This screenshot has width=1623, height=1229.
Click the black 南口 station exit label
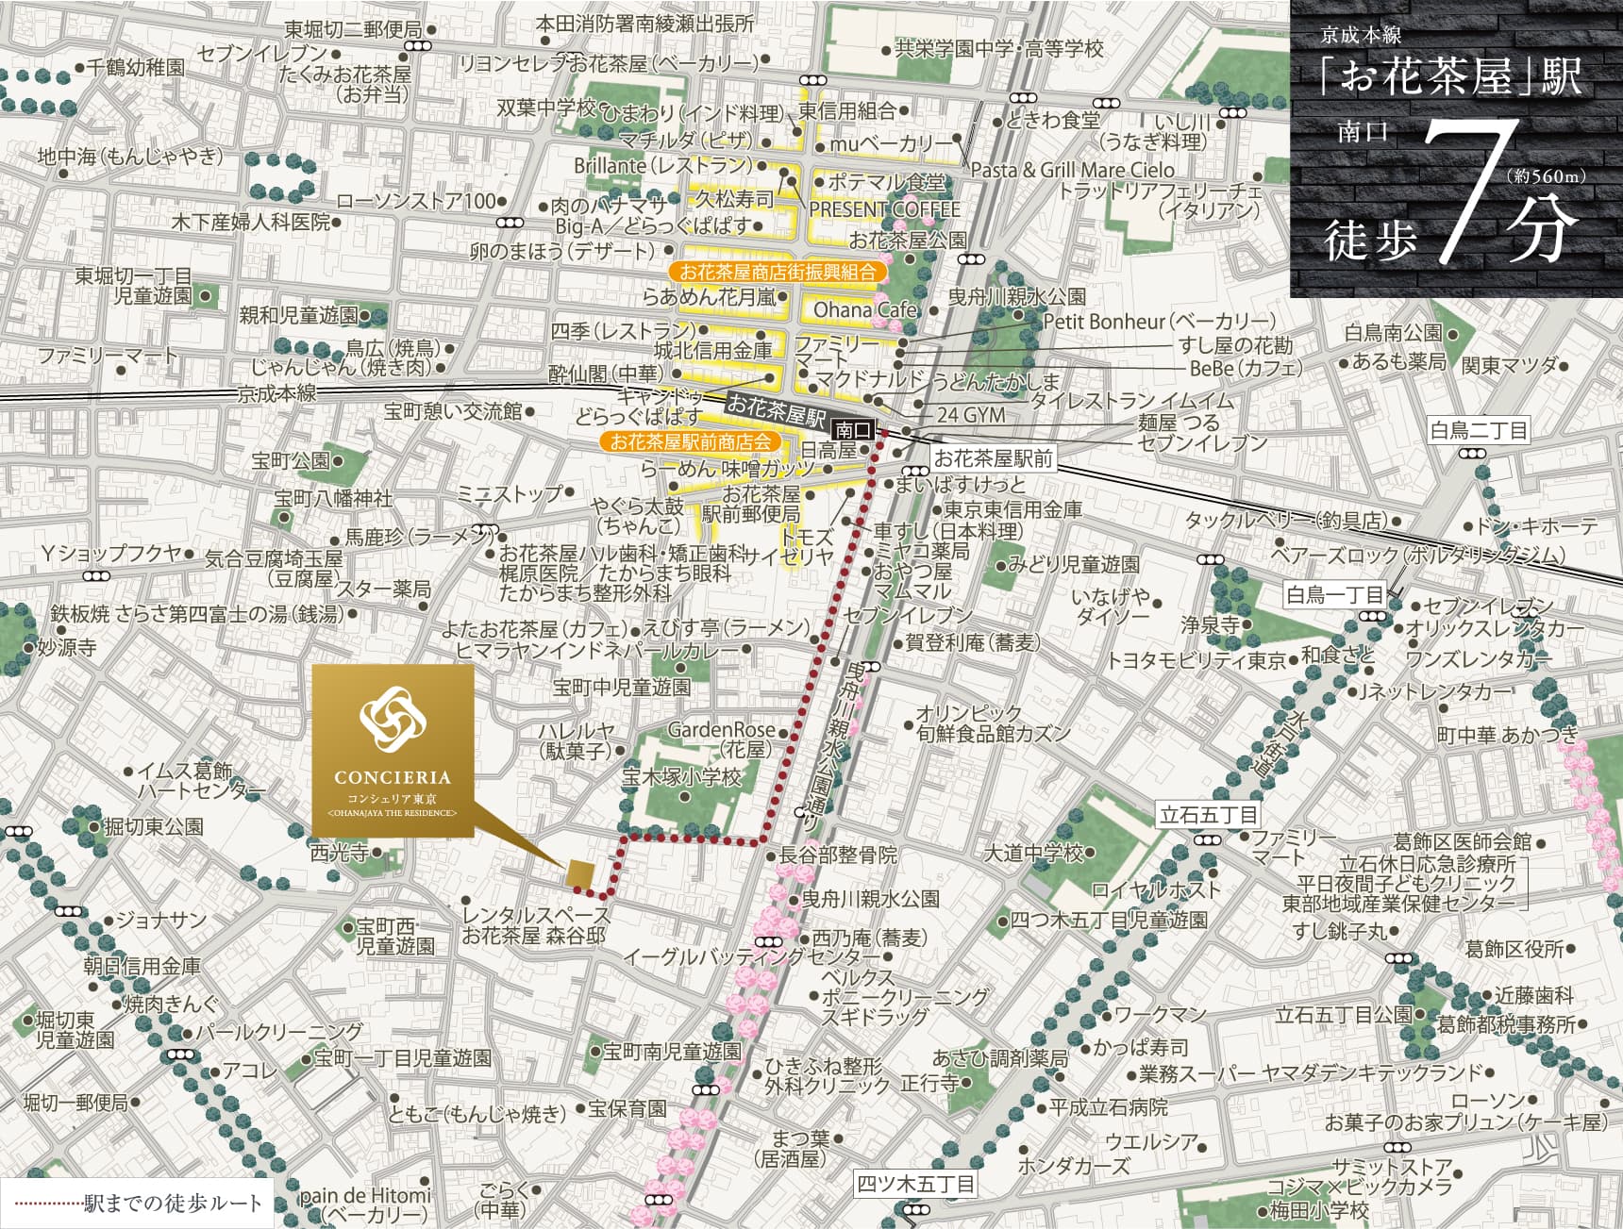tap(853, 429)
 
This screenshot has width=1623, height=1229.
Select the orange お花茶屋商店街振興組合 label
tap(778, 273)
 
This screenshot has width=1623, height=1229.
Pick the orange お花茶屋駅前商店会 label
tap(691, 441)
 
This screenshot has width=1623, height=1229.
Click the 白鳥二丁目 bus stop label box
tap(1478, 430)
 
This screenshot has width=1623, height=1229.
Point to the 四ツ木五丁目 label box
tap(915, 1183)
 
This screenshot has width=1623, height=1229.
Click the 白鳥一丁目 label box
tap(1334, 594)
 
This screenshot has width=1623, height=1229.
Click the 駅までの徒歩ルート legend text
tap(172, 1204)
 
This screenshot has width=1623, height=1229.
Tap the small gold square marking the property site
tap(579, 875)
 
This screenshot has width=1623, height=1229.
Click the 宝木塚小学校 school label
tap(682, 778)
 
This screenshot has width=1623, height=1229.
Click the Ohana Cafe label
tap(865, 309)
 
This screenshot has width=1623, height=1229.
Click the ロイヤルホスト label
tap(1155, 889)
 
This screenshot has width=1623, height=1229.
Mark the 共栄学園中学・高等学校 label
tap(999, 49)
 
